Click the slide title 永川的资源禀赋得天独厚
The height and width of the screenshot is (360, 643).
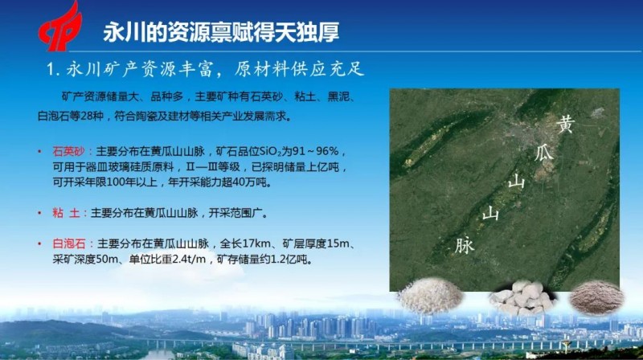pyautogui.click(x=221, y=32)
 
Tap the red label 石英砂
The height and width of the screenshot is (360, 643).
pyautogui.click(x=68, y=152)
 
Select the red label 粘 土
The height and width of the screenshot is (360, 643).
pyautogui.click(x=66, y=213)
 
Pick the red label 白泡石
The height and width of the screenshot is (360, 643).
pyautogui.click(x=68, y=244)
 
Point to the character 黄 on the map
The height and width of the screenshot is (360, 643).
pyautogui.click(x=566, y=124)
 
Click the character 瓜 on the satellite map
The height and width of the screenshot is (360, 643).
pyautogui.click(x=544, y=153)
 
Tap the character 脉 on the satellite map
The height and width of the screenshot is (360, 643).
pyautogui.click(x=465, y=245)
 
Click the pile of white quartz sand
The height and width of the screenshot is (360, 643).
pyautogui.click(x=430, y=295)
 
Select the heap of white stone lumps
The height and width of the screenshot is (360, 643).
pyautogui.click(x=522, y=297)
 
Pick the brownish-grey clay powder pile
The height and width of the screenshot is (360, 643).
pyautogui.click(x=597, y=297)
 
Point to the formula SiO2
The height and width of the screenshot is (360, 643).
pyautogui.click(x=270, y=152)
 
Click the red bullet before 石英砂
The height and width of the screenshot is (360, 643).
pyautogui.click(x=39, y=152)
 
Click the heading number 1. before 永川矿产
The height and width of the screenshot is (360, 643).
pyautogui.click(x=54, y=70)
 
